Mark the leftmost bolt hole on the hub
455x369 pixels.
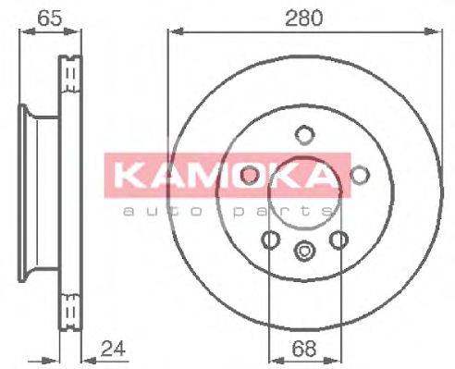click(248, 175)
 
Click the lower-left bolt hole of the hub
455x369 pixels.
click(269, 240)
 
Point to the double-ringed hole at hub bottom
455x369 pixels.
click(303, 250)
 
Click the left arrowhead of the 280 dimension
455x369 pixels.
click(172, 31)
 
